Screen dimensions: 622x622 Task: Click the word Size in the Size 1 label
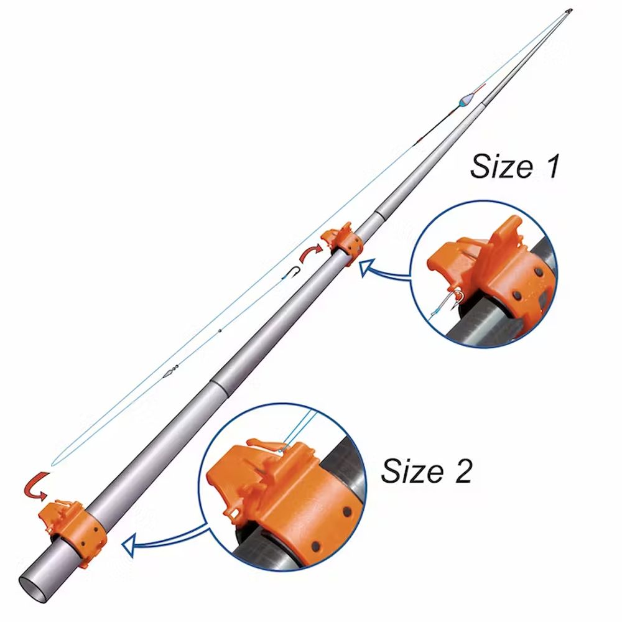point(501,166)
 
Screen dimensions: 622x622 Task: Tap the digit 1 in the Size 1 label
point(552,166)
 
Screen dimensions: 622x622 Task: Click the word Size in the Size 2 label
point(412,470)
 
